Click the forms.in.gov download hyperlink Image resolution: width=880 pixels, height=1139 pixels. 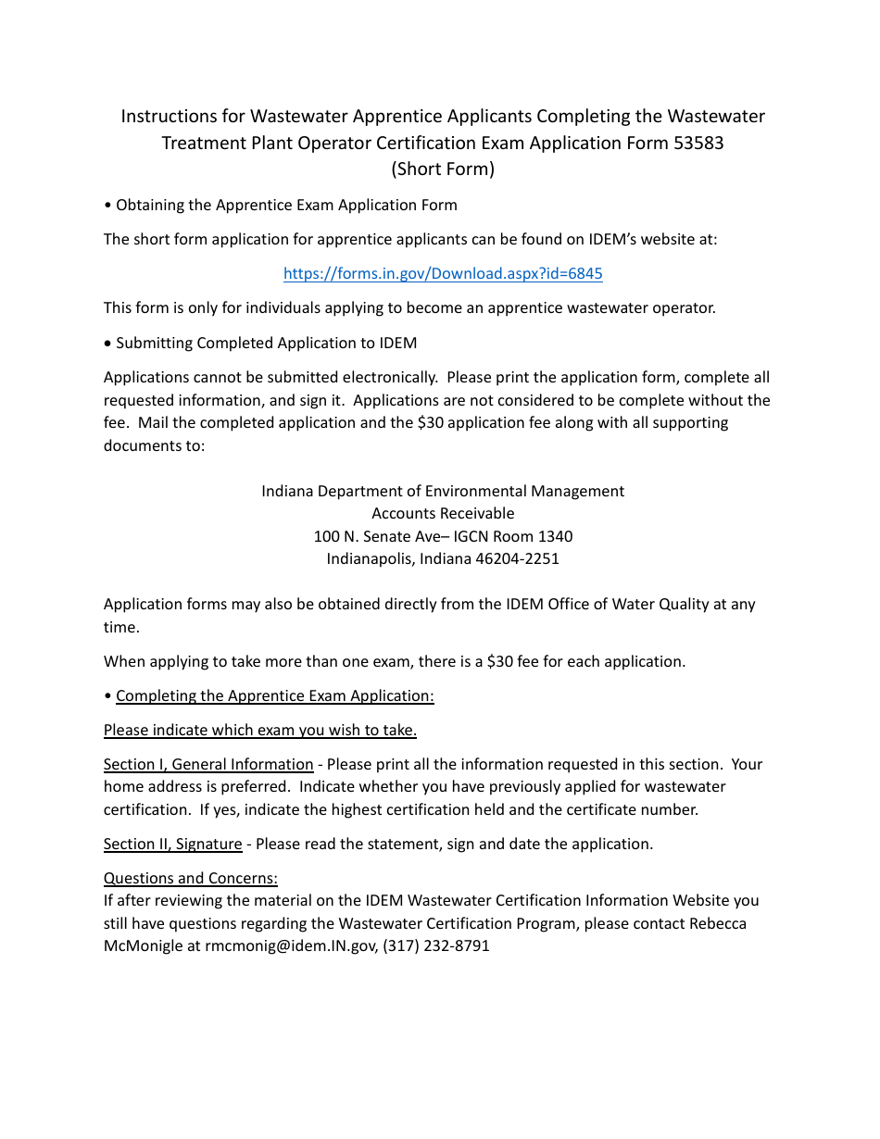[443, 274]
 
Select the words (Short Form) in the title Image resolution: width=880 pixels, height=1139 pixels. [443, 169]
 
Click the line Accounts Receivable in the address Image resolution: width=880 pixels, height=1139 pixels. [443, 514]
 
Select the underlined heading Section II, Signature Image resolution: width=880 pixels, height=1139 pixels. [173, 845]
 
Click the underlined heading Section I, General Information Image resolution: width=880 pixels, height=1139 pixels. [208, 765]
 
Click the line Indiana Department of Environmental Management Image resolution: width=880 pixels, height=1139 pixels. [443, 492]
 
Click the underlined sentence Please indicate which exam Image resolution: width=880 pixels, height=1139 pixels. [260, 731]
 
